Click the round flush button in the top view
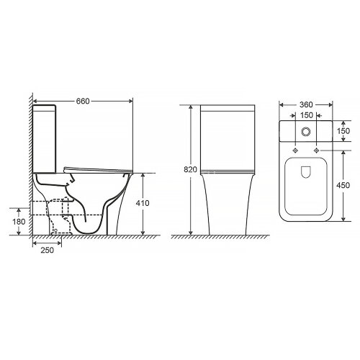(x=307, y=132)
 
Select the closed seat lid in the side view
(x=97, y=169)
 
